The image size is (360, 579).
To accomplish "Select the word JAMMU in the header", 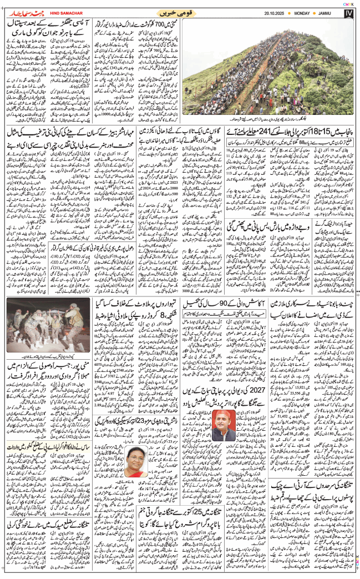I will (337, 12).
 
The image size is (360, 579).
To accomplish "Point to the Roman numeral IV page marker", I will (351, 12).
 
